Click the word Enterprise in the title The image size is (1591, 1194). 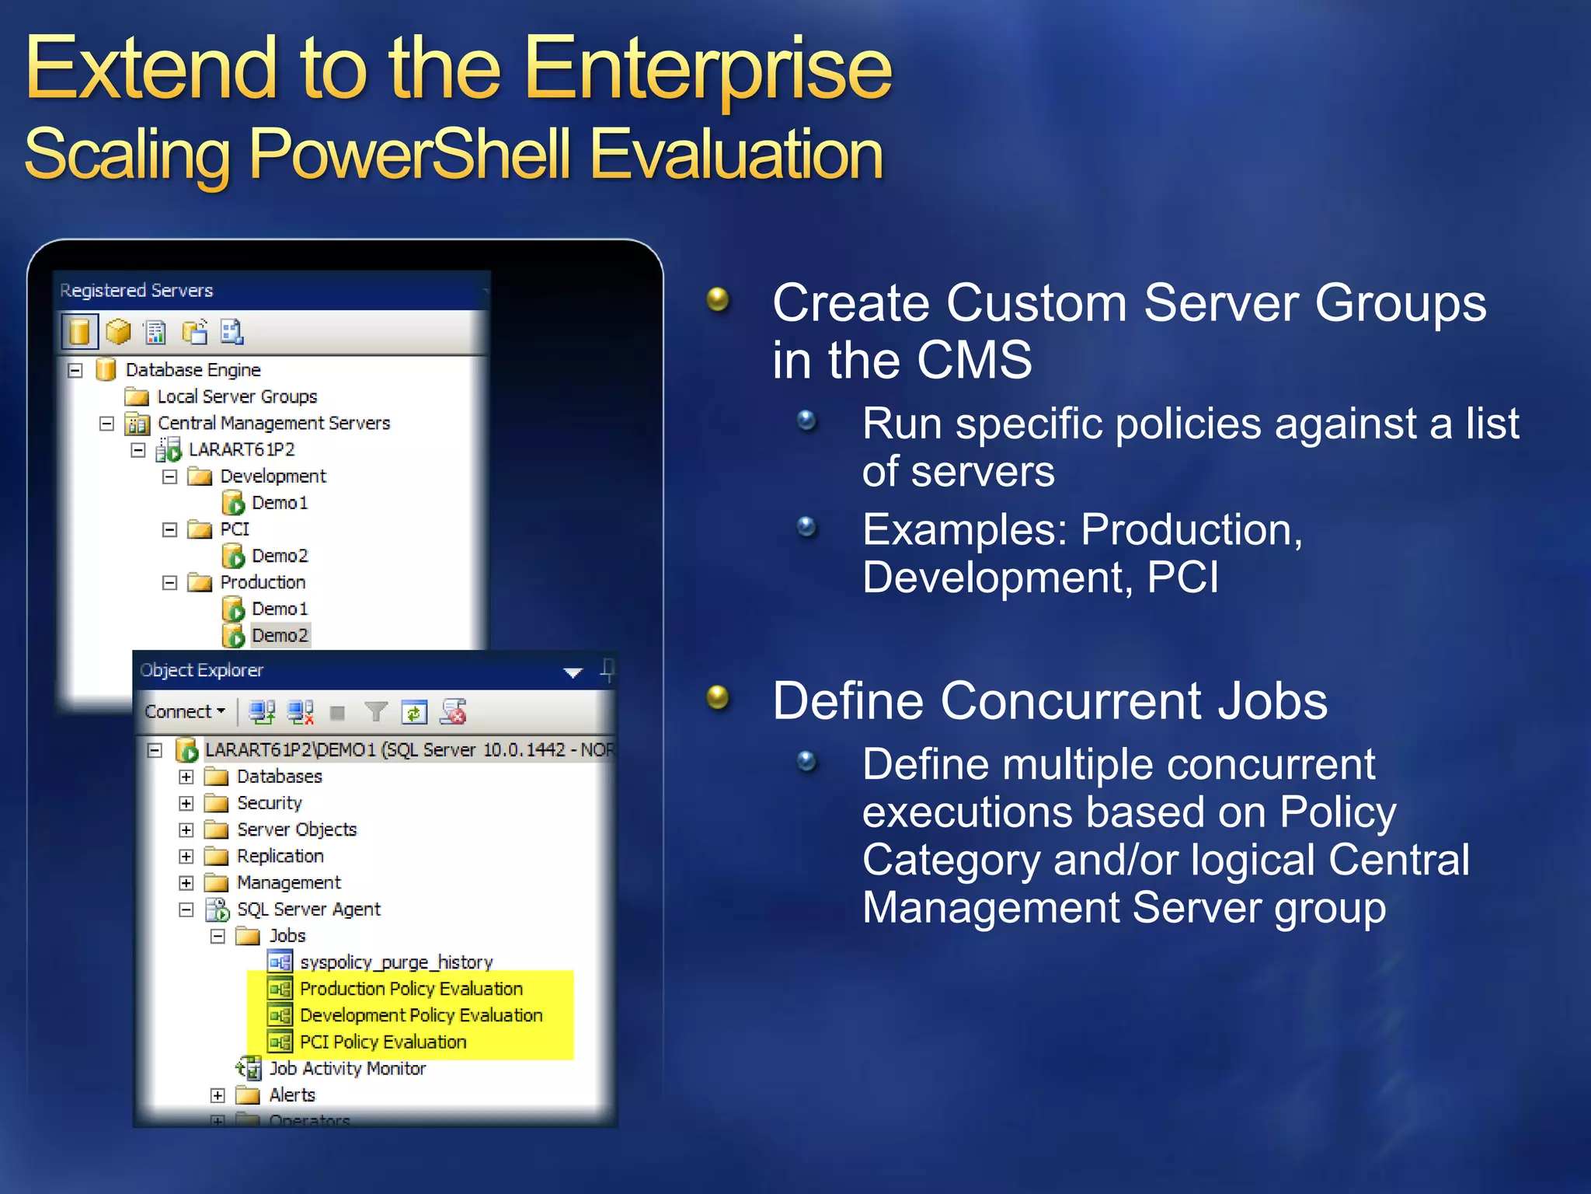(708, 70)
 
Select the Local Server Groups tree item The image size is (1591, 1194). (237, 396)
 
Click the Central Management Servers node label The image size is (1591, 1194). (273, 423)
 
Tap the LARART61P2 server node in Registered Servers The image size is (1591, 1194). (242, 449)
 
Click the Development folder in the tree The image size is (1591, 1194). (272, 476)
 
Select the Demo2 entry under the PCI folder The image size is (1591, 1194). (279, 556)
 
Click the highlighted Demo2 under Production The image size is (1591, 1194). (279, 635)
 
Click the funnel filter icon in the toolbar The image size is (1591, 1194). (376, 711)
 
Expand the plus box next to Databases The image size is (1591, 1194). (186, 777)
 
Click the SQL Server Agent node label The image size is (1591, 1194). (308, 909)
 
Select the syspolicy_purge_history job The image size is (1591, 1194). (396, 962)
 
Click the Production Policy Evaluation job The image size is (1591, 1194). (410, 989)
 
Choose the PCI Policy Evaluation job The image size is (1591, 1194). (382, 1042)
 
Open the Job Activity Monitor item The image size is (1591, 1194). (346, 1069)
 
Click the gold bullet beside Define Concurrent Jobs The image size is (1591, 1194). (718, 696)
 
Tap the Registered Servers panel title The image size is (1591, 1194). (137, 290)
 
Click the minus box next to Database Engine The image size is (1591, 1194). (75, 370)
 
